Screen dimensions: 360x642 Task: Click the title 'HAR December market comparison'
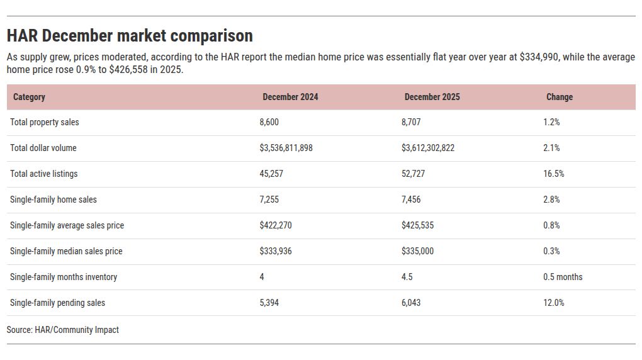pos(130,36)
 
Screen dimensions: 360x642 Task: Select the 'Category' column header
pos(29,97)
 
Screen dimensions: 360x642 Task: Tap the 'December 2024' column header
pos(290,97)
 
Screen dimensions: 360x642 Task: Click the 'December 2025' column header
pos(432,97)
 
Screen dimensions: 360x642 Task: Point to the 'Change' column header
pos(559,97)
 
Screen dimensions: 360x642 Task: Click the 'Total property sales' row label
pos(45,122)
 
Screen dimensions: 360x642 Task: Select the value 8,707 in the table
pos(411,122)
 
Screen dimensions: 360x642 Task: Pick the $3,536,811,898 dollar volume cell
pos(286,148)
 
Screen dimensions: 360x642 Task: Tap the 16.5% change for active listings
pos(553,174)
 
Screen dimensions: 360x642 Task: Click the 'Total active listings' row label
pos(44,174)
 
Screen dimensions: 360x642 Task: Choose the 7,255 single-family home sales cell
pos(269,200)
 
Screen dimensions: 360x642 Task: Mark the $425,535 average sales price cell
pos(418,225)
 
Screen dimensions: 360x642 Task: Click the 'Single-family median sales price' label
pos(66,251)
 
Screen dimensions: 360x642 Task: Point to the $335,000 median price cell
pos(418,251)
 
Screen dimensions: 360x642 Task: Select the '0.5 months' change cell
pos(563,277)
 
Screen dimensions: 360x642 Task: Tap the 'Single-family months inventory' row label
pos(64,277)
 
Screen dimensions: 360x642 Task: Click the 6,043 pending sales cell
pos(411,303)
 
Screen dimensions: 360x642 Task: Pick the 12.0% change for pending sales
pos(553,303)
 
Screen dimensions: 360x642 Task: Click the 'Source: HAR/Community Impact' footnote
pos(63,330)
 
